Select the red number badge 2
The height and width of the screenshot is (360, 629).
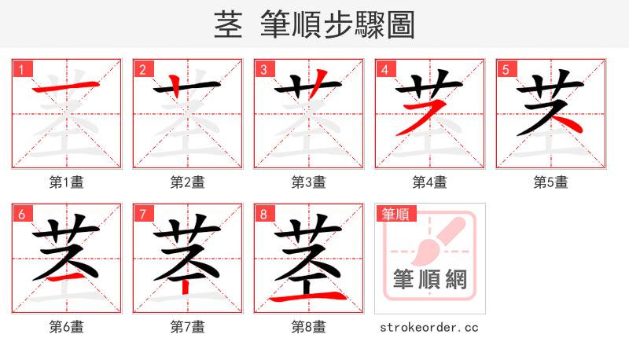143,70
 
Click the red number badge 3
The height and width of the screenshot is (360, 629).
264,70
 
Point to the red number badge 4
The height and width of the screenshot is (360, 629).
385,70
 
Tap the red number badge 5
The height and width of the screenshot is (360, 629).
506,70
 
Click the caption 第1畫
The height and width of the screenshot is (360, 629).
66,182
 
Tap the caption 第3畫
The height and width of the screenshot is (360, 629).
308,182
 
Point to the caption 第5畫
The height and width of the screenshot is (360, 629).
550,182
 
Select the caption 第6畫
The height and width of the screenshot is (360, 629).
66,327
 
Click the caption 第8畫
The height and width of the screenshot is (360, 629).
308,327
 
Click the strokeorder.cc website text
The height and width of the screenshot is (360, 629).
429,327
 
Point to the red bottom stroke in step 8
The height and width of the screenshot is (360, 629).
308,298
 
